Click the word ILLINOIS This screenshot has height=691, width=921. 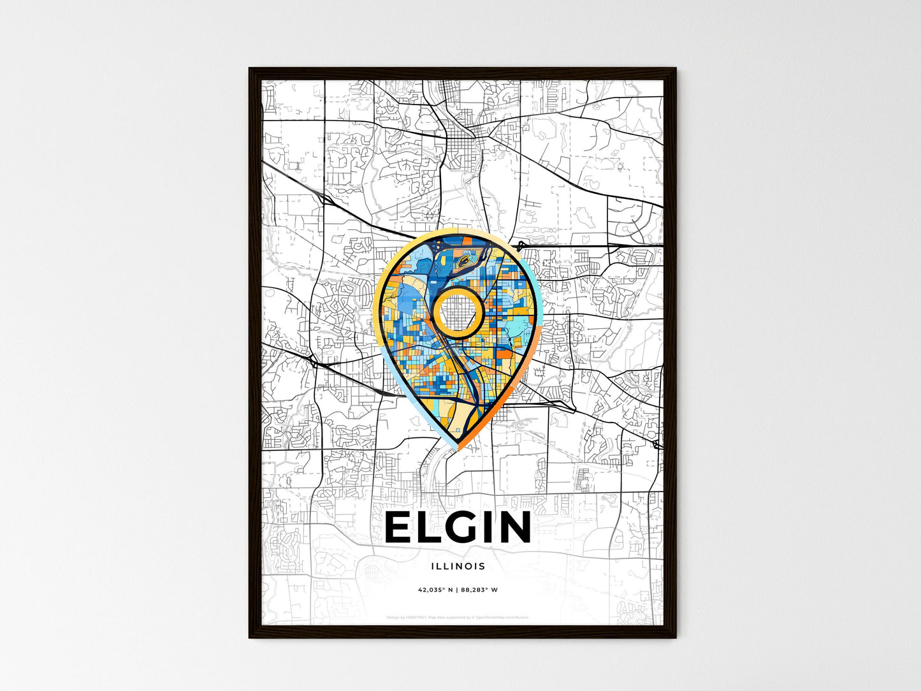[458, 566]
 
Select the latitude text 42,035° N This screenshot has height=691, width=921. [435, 590]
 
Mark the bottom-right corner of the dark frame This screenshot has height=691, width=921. [675, 637]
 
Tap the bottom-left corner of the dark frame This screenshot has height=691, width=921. [250, 637]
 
